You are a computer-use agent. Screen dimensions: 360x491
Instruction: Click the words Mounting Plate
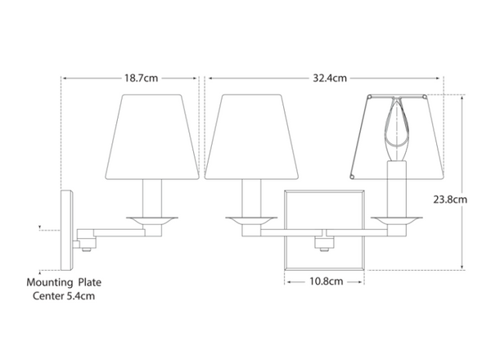pyautogui.click(x=65, y=282)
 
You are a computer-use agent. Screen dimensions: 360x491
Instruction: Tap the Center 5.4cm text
pyautogui.click(x=65, y=296)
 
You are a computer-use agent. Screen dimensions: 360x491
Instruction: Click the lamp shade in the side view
pyautogui.click(x=151, y=137)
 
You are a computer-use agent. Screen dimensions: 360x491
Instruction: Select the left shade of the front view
pyautogui.click(x=245, y=137)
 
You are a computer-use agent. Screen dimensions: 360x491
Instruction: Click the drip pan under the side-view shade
pyautogui.click(x=151, y=218)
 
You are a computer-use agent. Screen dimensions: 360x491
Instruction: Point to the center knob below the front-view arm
pyautogui.click(x=324, y=243)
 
